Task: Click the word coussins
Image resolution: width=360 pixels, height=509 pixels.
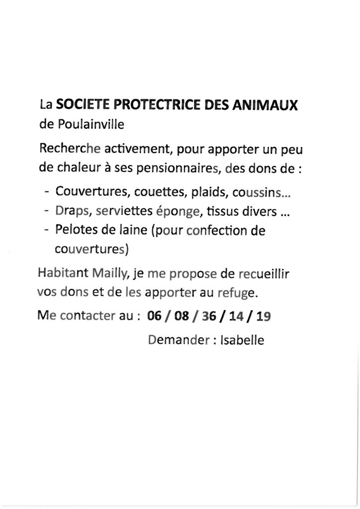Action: [258, 192]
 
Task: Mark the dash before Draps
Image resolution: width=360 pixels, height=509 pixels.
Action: [46, 211]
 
